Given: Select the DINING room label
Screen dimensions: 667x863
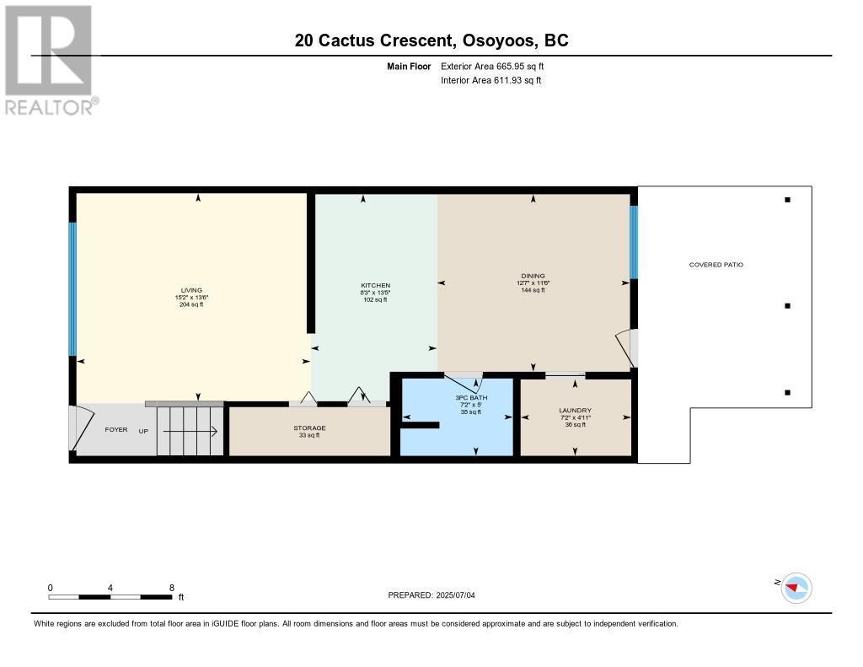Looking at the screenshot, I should point(533,276).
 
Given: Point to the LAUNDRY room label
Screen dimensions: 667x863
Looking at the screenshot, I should point(575,411).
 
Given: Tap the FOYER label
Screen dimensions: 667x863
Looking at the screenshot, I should point(116,430).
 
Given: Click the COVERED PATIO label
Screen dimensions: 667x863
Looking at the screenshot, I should point(716,265).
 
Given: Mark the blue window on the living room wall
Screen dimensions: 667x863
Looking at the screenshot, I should point(72,288).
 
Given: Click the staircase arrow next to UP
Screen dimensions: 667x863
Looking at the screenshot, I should point(190,432).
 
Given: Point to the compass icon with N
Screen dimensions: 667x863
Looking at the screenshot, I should point(796,587).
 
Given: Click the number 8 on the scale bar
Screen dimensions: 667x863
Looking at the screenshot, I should point(172,588).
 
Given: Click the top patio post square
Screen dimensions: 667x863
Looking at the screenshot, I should point(787,200).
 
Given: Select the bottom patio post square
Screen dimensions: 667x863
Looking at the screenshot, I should point(787,392).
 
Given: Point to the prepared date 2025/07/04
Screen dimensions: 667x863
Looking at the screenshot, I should point(437,595).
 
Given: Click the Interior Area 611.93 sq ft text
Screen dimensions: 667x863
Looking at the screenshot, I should point(490,81).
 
